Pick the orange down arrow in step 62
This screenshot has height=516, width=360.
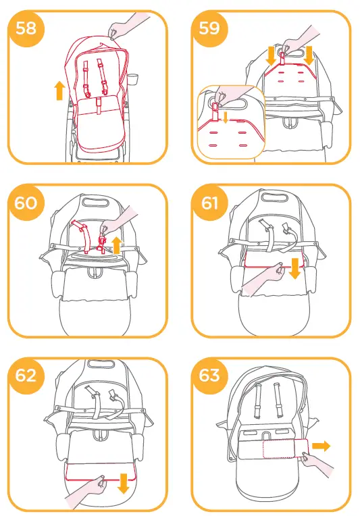[123, 483]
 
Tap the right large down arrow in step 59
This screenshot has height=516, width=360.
[309, 55]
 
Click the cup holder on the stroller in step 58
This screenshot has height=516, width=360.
[132, 75]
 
